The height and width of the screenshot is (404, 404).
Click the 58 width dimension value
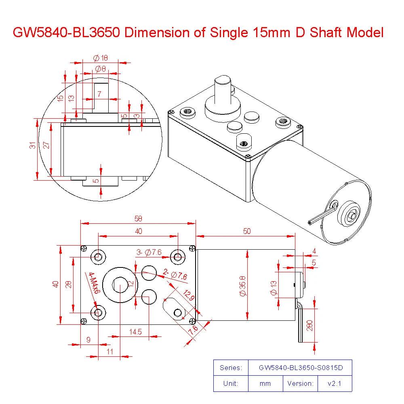138,219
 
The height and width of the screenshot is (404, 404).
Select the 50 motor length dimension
246,231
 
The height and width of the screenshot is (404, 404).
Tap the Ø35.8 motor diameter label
243,286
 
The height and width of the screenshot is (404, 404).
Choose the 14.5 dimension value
135,332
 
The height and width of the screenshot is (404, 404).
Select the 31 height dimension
32,145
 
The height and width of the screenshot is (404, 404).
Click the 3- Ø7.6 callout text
148,253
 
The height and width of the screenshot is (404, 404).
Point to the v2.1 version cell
335,383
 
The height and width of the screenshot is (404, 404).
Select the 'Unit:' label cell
231,383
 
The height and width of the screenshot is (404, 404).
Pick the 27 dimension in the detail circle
46,145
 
